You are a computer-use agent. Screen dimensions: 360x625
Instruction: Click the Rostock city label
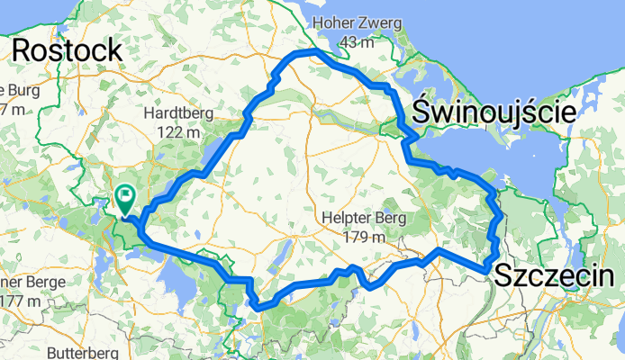click(68, 50)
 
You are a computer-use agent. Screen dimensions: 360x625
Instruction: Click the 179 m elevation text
click(364, 238)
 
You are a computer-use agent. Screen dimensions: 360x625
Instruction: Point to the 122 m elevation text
click(176, 133)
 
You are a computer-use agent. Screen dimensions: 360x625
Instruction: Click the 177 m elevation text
click(16, 300)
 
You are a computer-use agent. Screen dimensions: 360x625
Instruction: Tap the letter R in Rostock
click(22, 50)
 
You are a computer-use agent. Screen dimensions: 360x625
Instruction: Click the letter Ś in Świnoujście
click(422, 113)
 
